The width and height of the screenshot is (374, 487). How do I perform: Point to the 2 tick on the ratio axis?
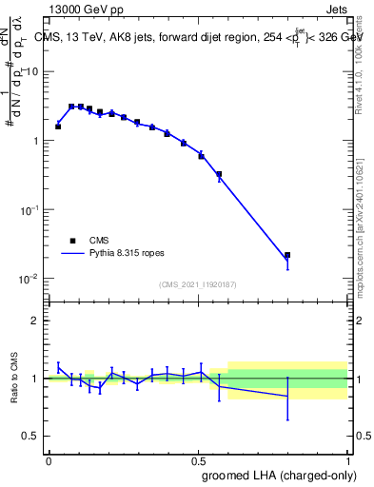click(39, 321)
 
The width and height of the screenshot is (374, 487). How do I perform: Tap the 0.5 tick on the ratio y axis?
click(35, 437)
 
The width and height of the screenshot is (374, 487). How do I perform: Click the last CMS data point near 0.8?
click(287, 255)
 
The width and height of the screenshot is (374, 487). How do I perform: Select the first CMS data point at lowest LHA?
click(58, 126)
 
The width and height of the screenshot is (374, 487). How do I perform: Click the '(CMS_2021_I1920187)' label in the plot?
click(197, 284)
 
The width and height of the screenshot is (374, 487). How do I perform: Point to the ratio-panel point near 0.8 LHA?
click(287, 396)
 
